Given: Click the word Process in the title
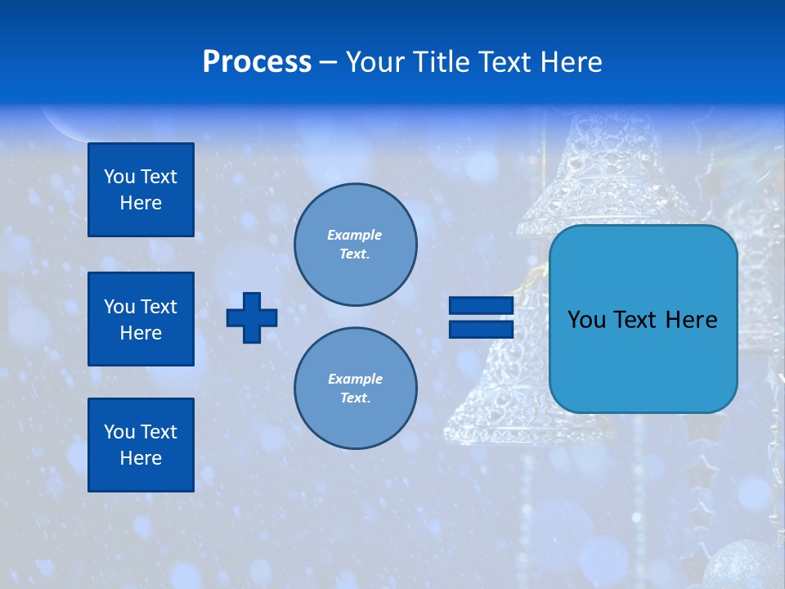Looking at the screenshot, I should click(257, 61).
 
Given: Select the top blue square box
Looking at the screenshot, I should click(141, 190).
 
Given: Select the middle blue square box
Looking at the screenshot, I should click(141, 319).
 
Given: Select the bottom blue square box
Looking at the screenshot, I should click(141, 444).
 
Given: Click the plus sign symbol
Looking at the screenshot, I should click(252, 317).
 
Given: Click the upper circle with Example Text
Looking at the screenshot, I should click(355, 245).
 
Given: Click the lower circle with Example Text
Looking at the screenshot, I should click(355, 388).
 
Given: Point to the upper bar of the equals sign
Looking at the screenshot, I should click(481, 306).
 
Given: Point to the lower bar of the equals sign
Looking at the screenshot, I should click(481, 330).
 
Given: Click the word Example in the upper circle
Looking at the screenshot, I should click(354, 235).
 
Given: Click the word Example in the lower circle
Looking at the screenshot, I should click(355, 379).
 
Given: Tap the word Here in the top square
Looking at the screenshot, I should click(141, 203).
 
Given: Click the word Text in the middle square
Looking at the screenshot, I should click(158, 307).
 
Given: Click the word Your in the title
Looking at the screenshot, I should click(375, 62).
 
